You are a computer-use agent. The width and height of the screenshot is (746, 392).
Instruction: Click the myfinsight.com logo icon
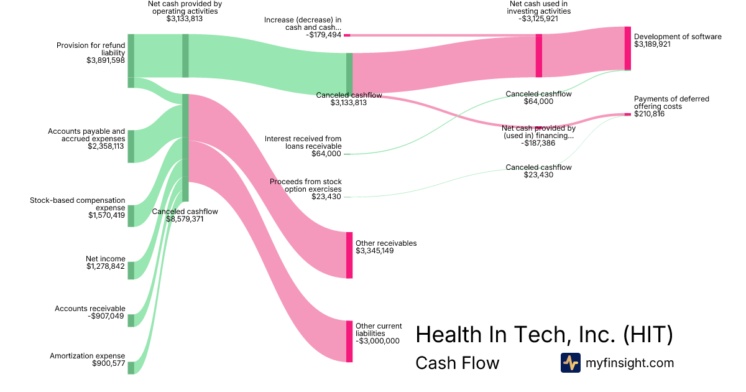click(x=570, y=363)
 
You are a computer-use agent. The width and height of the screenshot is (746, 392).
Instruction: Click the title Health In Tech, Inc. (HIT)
click(x=544, y=335)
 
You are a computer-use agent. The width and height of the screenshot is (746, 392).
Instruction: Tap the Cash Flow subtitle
click(x=457, y=363)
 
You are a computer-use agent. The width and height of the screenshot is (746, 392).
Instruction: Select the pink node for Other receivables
click(x=349, y=254)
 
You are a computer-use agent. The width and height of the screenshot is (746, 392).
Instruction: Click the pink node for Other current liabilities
click(x=349, y=341)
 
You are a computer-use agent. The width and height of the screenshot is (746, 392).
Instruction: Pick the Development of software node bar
click(x=628, y=49)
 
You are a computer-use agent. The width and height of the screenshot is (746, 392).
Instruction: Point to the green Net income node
click(x=131, y=271)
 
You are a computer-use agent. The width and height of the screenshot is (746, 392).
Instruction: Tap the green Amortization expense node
click(x=131, y=368)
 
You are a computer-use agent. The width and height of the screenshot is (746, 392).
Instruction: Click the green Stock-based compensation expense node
click(x=131, y=215)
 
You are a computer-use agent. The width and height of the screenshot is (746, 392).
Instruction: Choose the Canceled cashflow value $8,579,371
click(x=185, y=219)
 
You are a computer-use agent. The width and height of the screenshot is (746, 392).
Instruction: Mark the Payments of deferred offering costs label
click(x=671, y=103)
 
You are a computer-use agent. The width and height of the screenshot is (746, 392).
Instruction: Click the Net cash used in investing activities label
click(x=538, y=7)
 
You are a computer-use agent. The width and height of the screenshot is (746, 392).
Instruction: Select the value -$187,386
click(x=538, y=143)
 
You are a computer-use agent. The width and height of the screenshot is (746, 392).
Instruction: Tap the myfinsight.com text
click(x=630, y=363)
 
